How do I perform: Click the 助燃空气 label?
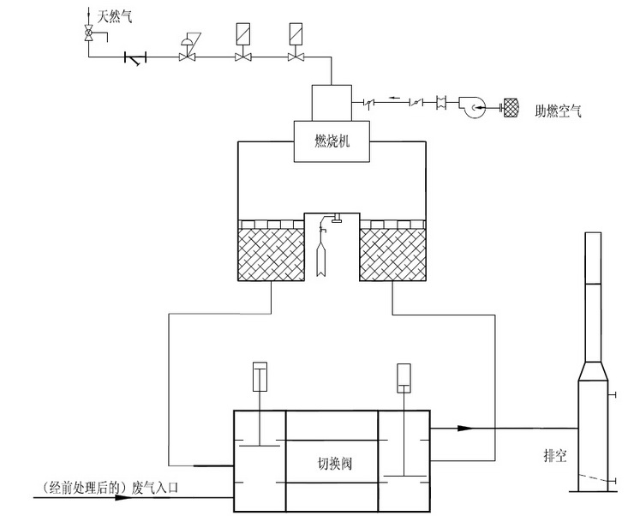[x=558, y=109]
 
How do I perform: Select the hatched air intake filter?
[x=511, y=107]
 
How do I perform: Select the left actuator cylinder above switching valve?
[x=260, y=377]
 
